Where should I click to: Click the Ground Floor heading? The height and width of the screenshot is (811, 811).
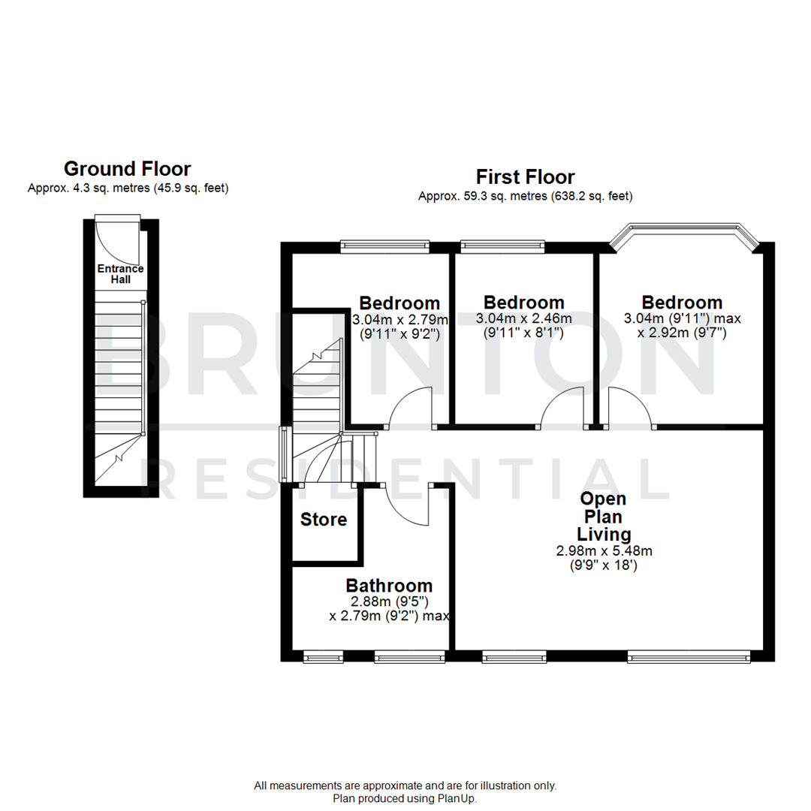click(127, 168)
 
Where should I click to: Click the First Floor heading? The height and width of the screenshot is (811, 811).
click(525, 177)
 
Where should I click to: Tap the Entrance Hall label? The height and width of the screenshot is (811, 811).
click(120, 274)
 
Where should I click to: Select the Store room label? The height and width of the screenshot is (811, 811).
click(324, 520)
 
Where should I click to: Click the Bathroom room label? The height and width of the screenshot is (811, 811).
click(388, 586)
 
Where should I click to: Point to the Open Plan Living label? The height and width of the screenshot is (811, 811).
click(603, 517)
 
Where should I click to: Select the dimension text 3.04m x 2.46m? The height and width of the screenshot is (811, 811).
click(523, 318)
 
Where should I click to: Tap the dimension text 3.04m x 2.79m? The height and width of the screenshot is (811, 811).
click(399, 319)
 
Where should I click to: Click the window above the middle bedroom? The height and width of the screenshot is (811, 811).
click(502, 244)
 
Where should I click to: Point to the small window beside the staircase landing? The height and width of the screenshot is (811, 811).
click(284, 454)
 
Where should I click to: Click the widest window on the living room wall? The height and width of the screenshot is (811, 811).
click(689, 656)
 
